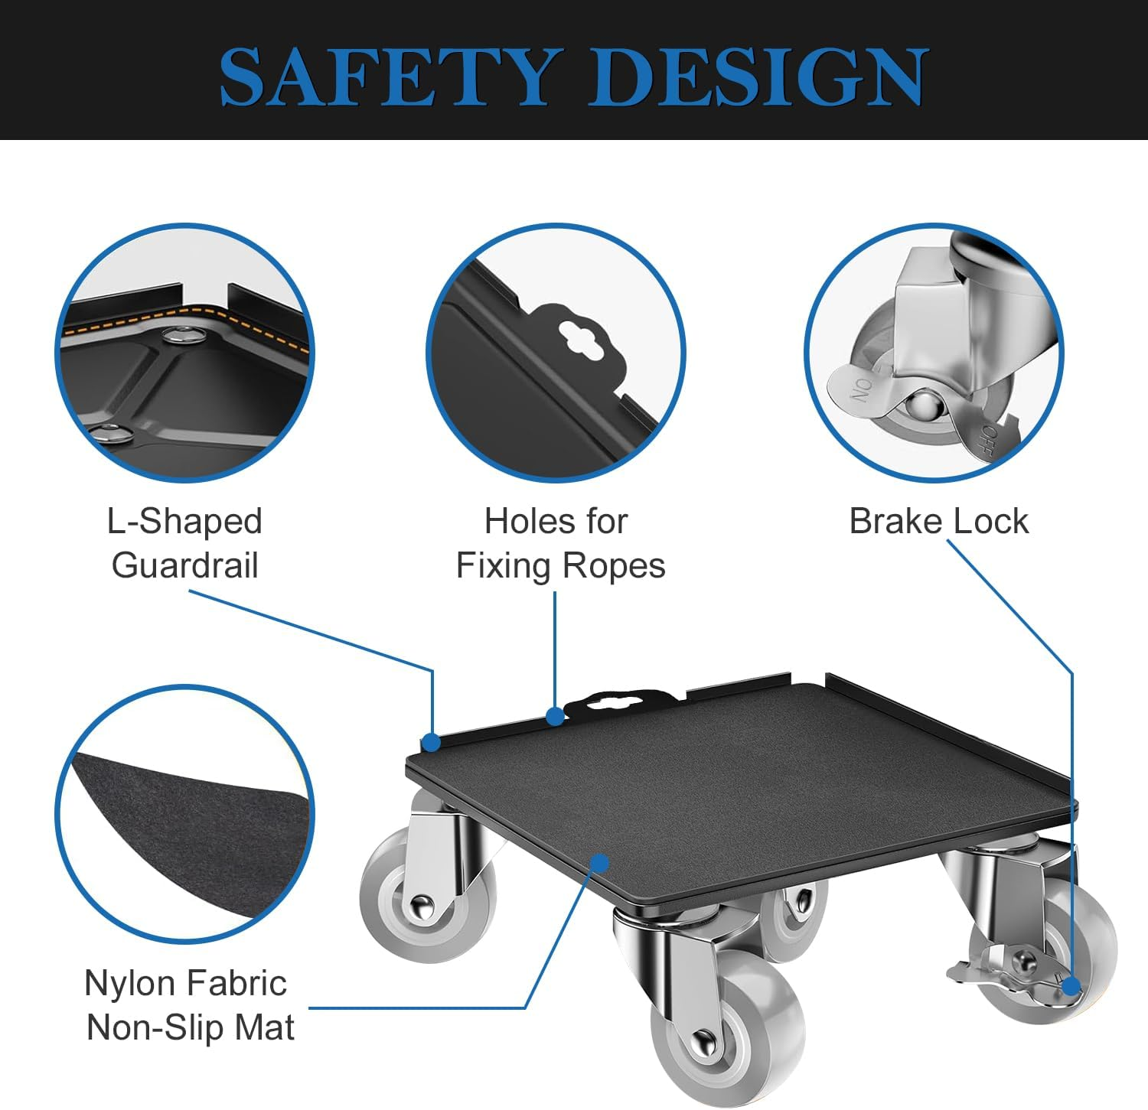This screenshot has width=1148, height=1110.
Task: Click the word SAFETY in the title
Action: [x=386, y=76]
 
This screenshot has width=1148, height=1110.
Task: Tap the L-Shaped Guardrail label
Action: [x=184, y=543]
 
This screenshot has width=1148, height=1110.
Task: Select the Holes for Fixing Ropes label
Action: [x=559, y=543]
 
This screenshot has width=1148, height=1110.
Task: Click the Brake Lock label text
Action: [x=938, y=522]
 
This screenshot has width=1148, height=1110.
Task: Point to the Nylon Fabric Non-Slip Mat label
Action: [x=189, y=1004]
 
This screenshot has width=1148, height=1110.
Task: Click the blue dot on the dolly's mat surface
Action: [x=600, y=864]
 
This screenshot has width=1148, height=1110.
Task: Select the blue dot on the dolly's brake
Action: [x=1071, y=985]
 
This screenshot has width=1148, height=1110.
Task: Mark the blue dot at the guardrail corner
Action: [x=432, y=742]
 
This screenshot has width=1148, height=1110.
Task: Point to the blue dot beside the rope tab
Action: [x=555, y=716]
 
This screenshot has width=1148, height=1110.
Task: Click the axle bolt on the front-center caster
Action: [x=703, y=1042]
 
